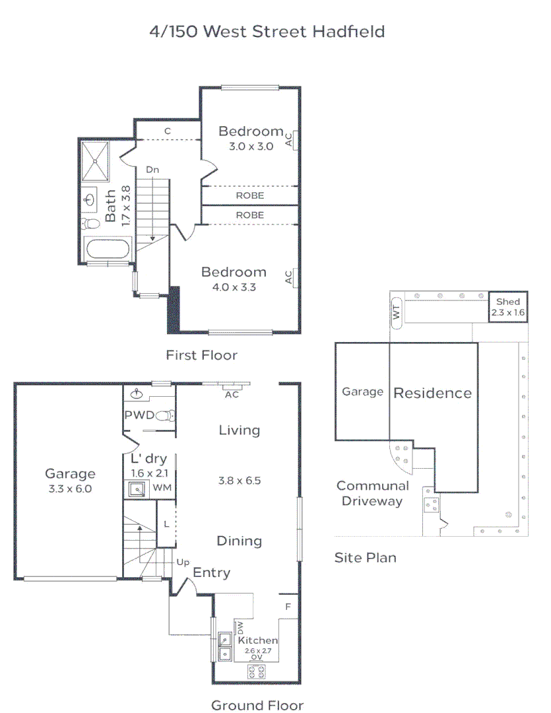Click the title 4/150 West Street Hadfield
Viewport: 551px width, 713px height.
pos(267,31)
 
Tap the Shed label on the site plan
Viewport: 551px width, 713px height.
pos(508,302)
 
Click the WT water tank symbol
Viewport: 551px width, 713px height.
pos(397,311)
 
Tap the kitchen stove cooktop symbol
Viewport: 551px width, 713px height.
pos(257,672)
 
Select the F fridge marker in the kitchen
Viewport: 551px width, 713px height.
pos(288,606)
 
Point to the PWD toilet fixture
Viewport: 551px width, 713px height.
pos(168,416)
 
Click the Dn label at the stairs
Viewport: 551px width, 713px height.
pos(152,170)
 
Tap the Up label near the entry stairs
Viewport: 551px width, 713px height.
pos(183,562)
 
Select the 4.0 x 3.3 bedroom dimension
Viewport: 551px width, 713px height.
pos(234,287)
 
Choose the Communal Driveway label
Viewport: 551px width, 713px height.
pos(372,493)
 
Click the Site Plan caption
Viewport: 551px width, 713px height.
pos(365,558)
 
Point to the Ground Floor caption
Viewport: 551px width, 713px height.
pos(257,705)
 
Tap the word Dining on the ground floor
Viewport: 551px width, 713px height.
pos(239,541)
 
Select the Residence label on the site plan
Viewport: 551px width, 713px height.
pos(432,393)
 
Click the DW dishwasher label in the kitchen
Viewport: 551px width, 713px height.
pos(240,627)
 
